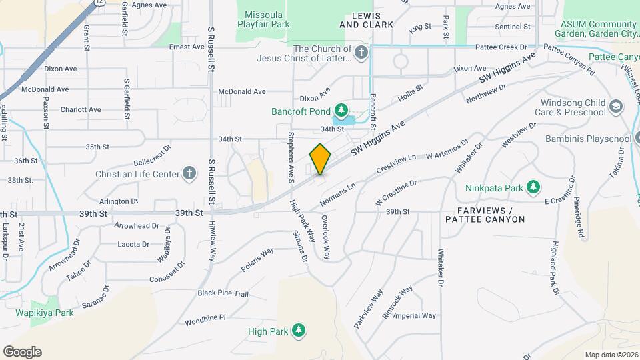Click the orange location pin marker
320,159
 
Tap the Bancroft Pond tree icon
341,109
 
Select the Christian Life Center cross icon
189,173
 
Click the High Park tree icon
299,331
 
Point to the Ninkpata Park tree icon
533,188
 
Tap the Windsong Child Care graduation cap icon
616,107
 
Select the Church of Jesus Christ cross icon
361,53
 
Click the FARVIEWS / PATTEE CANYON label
485,215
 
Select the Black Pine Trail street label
223,293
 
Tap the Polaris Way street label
257,260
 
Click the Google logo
22,352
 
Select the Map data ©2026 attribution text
611,355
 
